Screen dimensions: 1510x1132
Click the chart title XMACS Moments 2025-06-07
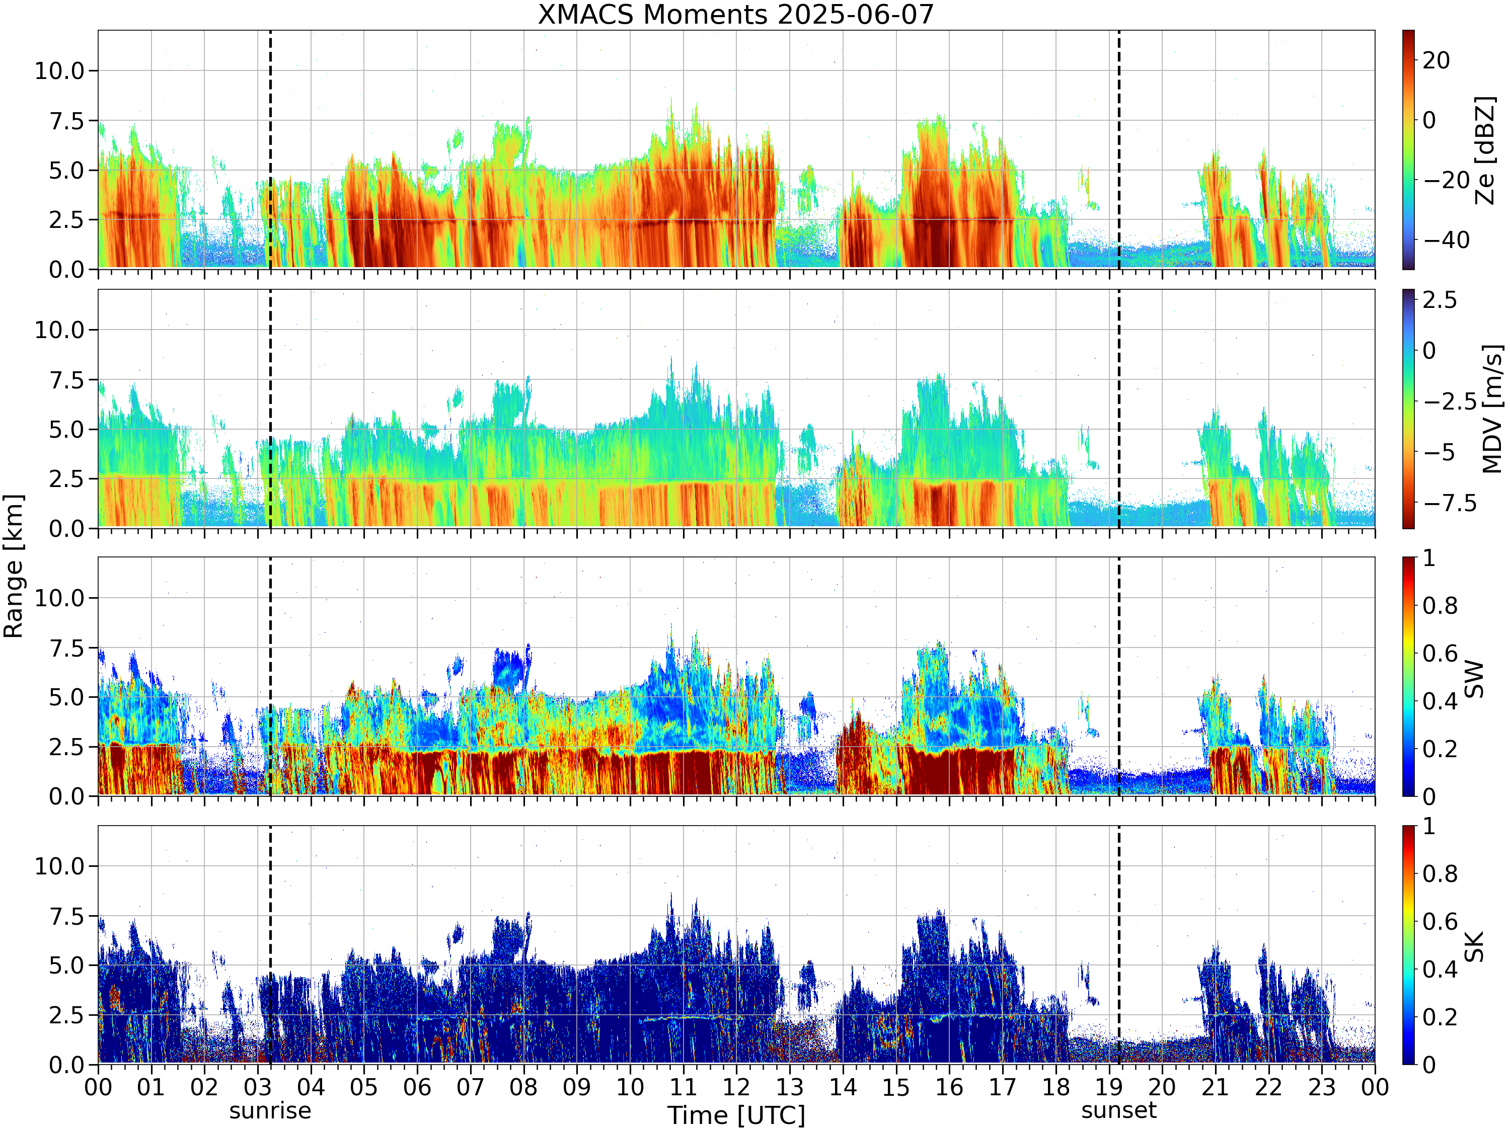735,14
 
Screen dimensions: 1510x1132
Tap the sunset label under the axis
1119,1111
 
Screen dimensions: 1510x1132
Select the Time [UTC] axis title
736,1115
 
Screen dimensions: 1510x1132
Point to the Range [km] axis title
13,567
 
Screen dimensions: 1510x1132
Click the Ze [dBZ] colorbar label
1485,150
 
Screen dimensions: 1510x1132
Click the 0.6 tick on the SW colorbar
1440,654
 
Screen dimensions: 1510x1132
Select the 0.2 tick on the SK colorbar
1440,1017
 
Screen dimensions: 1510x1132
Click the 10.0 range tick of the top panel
59,70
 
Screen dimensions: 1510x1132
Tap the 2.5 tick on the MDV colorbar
1440,299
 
